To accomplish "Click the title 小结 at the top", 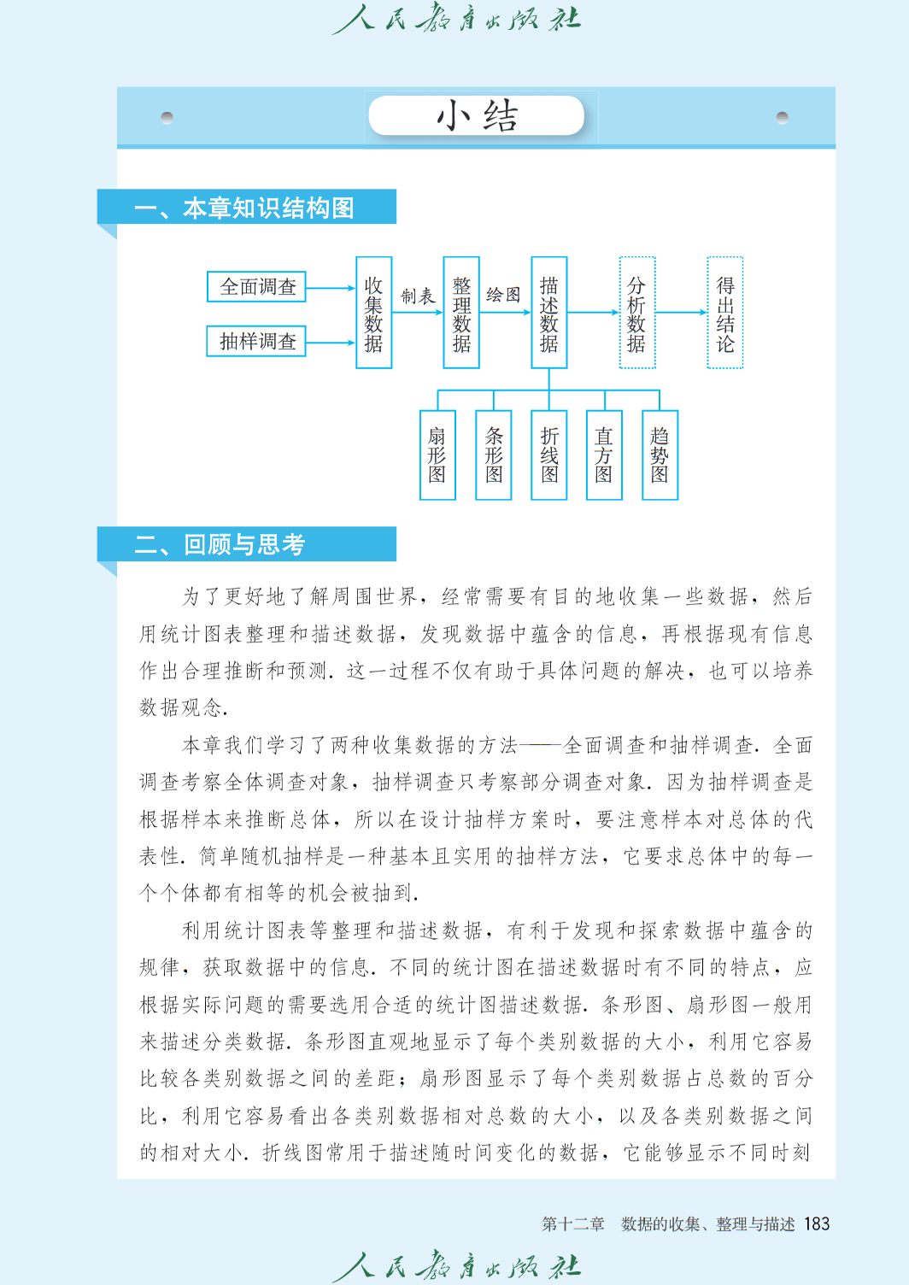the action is point(477,116).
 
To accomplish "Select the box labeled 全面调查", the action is point(256,286).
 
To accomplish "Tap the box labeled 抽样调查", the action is point(256,342).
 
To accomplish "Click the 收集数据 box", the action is point(374,313).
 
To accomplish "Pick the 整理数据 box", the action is point(461,313).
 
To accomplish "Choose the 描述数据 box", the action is point(549,313).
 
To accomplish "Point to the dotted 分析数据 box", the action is point(637,313).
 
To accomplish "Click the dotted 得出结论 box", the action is point(725,313).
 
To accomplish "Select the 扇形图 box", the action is point(437,455).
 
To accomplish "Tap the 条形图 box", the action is point(494,455).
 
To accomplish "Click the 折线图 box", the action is point(549,455).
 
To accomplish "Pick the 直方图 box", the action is point(605,455).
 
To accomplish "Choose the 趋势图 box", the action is point(660,455).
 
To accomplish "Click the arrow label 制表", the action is point(418,296).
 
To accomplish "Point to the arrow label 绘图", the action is point(503,295).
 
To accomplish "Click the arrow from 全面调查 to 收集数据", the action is point(331,288).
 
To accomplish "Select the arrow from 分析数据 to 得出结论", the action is point(681,313).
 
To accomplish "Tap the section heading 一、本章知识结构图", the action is point(244,208).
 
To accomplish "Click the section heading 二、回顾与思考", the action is point(220,544).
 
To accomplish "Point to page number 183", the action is point(817,1224).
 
